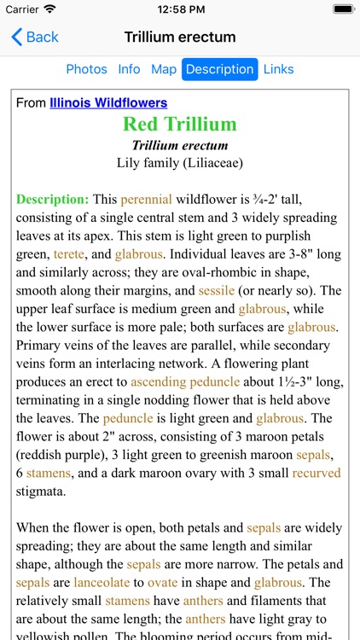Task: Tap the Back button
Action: click(35, 37)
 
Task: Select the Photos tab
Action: click(87, 69)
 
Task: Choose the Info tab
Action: click(129, 69)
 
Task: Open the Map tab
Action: click(164, 69)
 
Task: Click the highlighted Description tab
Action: click(219, 69)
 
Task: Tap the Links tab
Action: click(278, 69)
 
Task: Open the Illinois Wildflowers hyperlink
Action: click(108, 102)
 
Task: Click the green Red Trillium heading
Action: click(179, 125)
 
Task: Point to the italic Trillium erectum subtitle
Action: click(179, 145)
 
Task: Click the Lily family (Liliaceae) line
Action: click(179, 162)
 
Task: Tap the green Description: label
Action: click(52, 199)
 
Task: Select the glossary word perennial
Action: click(146, 199)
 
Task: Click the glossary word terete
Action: click(69, 253)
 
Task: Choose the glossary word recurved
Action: click(316, 473)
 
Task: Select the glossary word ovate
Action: click(162, 582)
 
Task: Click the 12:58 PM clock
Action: click(179, 9)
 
